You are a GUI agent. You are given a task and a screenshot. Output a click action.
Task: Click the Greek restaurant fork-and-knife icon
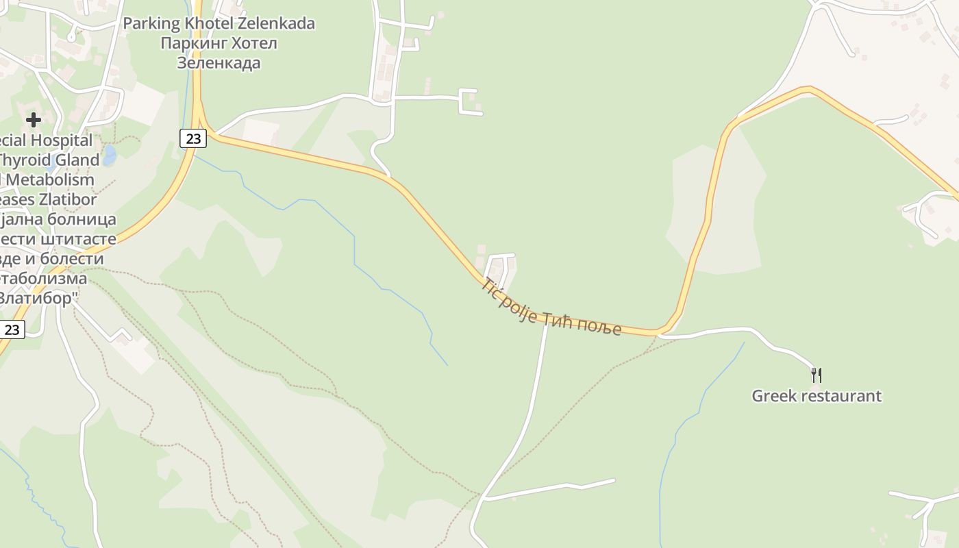coord(816,375)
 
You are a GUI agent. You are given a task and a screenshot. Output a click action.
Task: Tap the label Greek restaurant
coord(817,396)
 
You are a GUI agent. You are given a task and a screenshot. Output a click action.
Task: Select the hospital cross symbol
coord(33,120)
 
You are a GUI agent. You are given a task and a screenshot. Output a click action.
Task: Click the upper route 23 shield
coord(194,138)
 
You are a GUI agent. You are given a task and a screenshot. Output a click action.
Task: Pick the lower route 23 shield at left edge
coord(12,329)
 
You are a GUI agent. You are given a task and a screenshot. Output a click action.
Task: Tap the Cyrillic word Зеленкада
coord(219,63)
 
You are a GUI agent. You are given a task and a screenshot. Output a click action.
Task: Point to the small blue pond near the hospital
coord(109,155)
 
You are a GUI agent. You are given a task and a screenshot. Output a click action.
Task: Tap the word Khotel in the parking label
coord(209,23)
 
